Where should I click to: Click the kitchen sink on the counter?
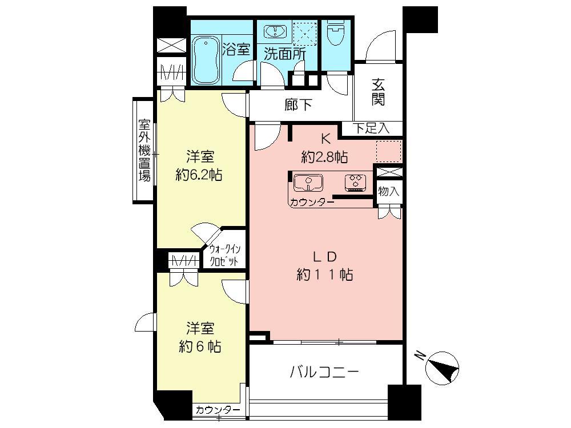click(x=308, y=183)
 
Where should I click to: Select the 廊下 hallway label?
click(x=298, y=105)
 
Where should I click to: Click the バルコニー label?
click(x=324, y=373)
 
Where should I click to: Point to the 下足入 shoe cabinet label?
click(x=371, y=128)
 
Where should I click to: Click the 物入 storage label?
click(x=389, y=192)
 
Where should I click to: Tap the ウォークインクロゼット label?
click(x=224, y=254)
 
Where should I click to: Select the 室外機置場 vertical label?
click(x=144, y=150)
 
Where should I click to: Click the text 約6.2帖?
click(x=199, y=174)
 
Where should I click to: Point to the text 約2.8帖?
click(x=325, y=156)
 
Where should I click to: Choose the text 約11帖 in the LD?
click(x=324, y=274)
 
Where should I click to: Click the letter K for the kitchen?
click(x=325, y=138)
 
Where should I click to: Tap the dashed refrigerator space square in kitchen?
click(x=389, y=151)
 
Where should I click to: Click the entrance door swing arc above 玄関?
click(x=378, y=49)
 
